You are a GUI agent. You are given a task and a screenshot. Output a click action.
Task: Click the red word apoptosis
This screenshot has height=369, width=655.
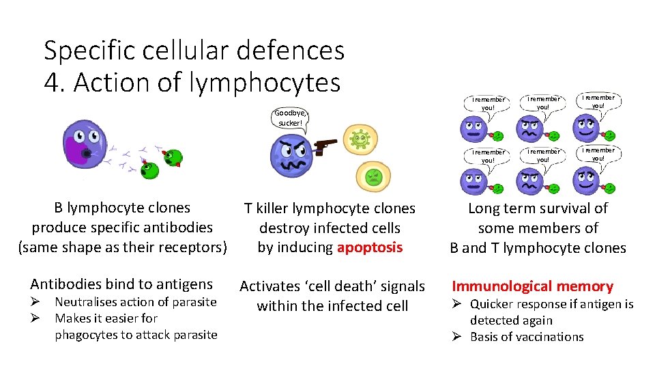coord(369,247)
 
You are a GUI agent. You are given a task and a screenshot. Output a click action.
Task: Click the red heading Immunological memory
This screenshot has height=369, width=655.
coord(532,286)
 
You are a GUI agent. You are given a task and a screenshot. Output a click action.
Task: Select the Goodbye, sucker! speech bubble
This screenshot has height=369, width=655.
coord(291,118)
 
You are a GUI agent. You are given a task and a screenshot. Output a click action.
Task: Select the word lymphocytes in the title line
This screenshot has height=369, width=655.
coord(265,83)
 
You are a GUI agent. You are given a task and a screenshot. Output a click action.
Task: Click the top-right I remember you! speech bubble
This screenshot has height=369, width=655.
coord(598,102)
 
